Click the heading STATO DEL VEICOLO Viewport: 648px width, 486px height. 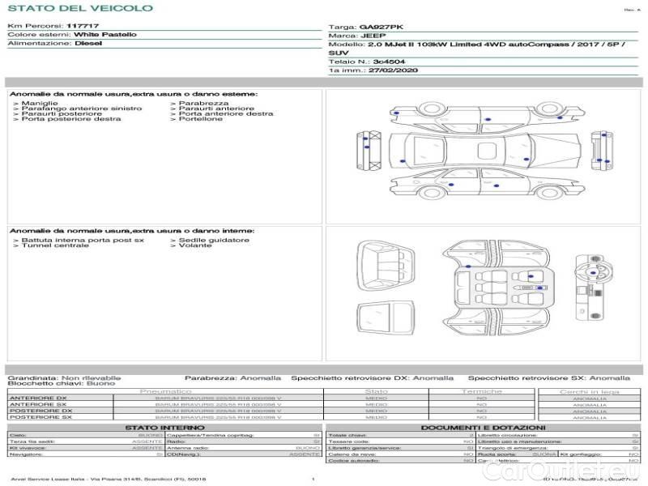79,8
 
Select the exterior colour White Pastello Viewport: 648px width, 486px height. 104,35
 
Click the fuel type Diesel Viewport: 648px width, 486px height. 87,43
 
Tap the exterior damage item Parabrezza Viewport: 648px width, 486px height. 203,104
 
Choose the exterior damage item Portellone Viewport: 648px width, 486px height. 201,119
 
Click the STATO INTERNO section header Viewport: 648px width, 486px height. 159,427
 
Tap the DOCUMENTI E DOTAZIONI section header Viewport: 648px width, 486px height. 483,427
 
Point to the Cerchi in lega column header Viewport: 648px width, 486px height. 589,391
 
